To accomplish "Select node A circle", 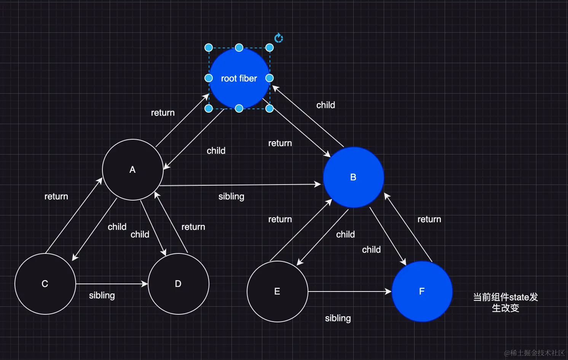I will tap(132, 170).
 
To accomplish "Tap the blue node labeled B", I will tap(353, 177).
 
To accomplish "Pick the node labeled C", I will tap(45, 284).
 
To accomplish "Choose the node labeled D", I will tap(178, 284).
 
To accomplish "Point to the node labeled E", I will tap(277, 292).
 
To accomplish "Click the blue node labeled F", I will tap(422, 292).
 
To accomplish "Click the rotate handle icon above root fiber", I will tap(279, 38).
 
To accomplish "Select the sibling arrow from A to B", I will tap(240, 185).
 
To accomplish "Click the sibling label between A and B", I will tap(231, 196).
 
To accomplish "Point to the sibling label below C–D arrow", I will tap(102, 295).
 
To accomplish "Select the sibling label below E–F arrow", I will tap(338, 318).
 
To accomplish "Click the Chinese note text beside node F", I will tap(506, 303).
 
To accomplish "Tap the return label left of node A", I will tap(56, 196).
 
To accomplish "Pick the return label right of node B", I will tap(429, 219).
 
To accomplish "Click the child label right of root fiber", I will tap(326, 105).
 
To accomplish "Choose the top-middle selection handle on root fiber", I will tap(239, 48).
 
